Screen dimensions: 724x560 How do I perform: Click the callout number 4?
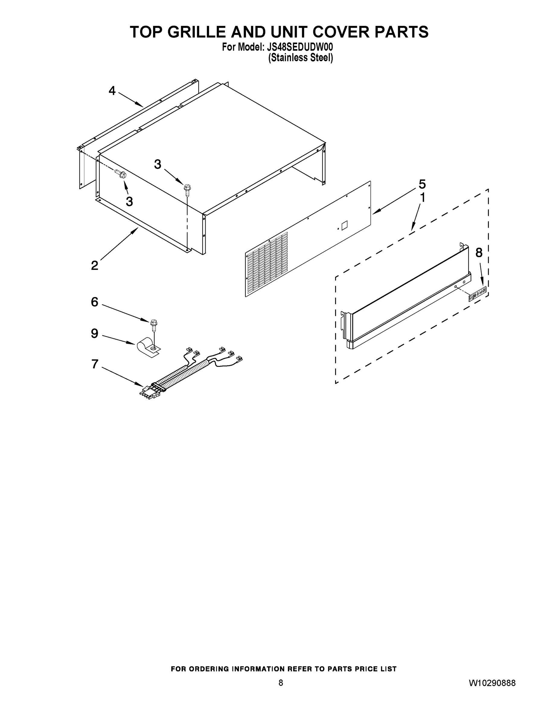pyautogui.click(x=112, y=90)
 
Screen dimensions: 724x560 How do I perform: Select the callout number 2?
pyautogui.click(x=94, y=265)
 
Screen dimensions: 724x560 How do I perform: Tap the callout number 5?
pyautogui.click(x=422, y=184)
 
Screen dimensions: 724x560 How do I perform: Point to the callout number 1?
pyautogui.click(x=422, y=198)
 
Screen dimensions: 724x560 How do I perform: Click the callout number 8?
pyautogui.click(x=479, y=252)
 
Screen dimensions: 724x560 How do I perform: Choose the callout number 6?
pyautogui.click(x=94, y=302)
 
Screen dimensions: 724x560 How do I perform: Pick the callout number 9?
pyautogui.click(x=94, y=333)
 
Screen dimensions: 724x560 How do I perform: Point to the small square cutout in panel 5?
pyautogui.click(x=344, y=225)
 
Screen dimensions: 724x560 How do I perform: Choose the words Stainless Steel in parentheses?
pyautogui.click(x=300, y=58)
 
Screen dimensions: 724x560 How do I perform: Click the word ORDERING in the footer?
pyautogui.click(x=208, y=669)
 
